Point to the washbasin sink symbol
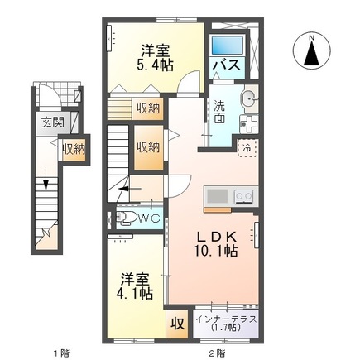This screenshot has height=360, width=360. point(247,99)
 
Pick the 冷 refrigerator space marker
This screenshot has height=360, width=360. point(247,147)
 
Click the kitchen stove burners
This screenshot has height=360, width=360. point(243,196)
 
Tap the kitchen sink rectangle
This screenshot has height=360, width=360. point(218,196)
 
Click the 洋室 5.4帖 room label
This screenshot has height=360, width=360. point(154,56)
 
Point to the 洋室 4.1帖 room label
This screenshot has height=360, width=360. point(132,286)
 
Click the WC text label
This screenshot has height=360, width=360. point(149,218)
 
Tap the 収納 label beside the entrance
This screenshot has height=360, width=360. point(73,149)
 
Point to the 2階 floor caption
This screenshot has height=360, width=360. point(217,352)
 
